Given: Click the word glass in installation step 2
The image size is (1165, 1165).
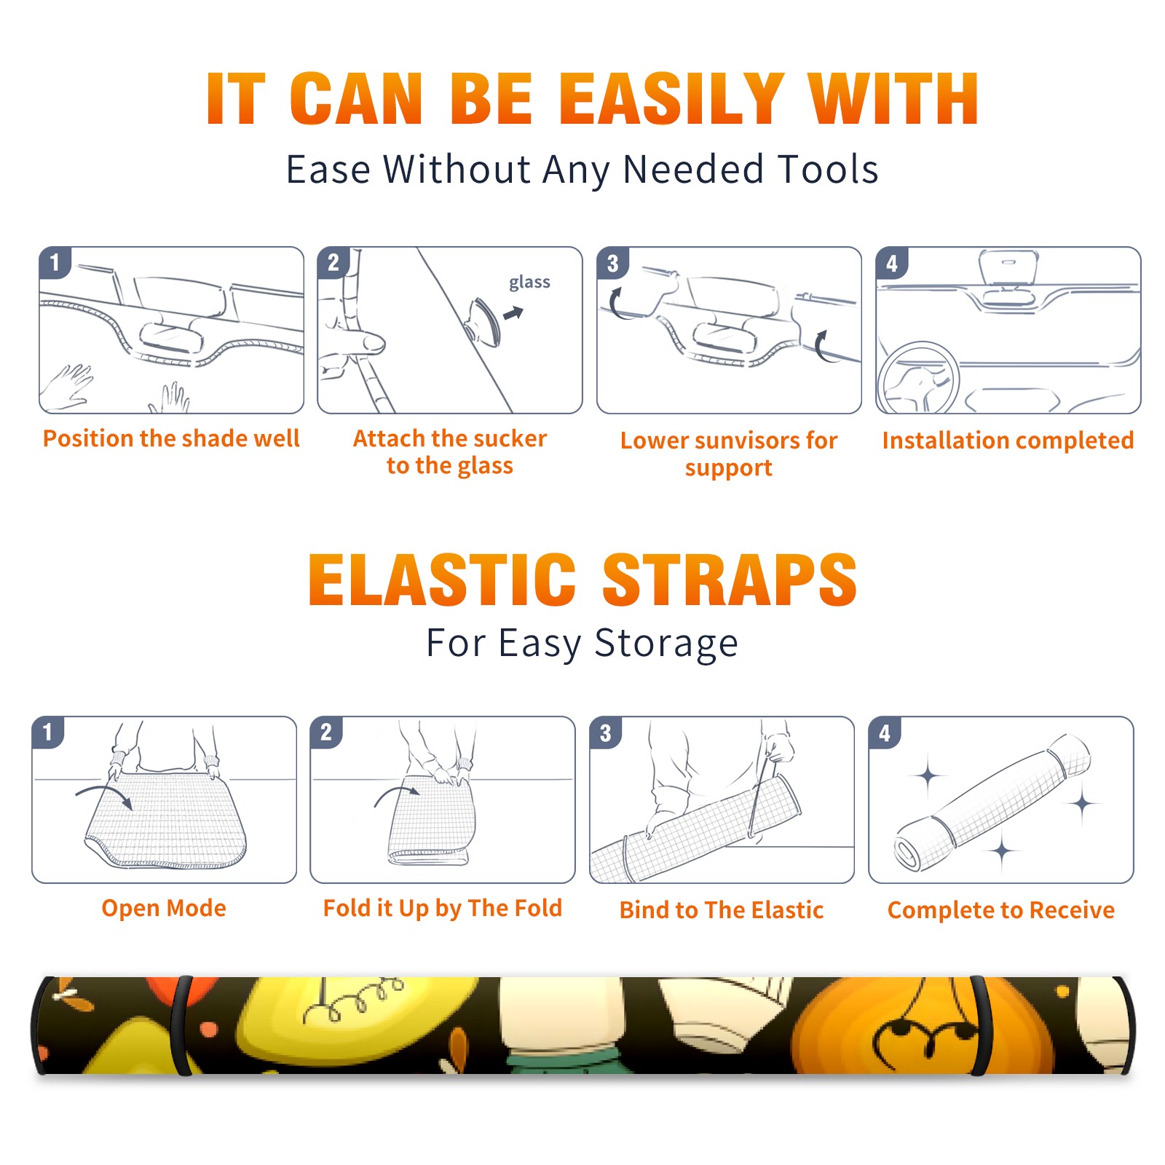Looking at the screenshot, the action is pos(529,283).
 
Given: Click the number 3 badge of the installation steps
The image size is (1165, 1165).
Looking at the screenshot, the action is pos(612,263).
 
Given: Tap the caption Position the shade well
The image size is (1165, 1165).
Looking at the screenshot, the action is pos(171,438).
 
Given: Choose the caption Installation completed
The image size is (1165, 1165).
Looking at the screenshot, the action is pos(1008,441).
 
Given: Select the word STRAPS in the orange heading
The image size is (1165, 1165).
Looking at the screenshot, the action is pos(730,580).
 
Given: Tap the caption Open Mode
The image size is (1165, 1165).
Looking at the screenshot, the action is pos(164,908).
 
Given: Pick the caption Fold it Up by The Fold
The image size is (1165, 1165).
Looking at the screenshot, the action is pos(443,908).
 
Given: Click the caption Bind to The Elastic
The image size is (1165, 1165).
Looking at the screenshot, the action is pos(722,910).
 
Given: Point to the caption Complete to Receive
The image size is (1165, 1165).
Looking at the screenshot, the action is pos(1001,910).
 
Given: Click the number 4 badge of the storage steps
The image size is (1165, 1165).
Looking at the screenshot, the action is pos(885,732).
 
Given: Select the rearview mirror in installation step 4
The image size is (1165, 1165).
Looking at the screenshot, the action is pos(1008,268).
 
